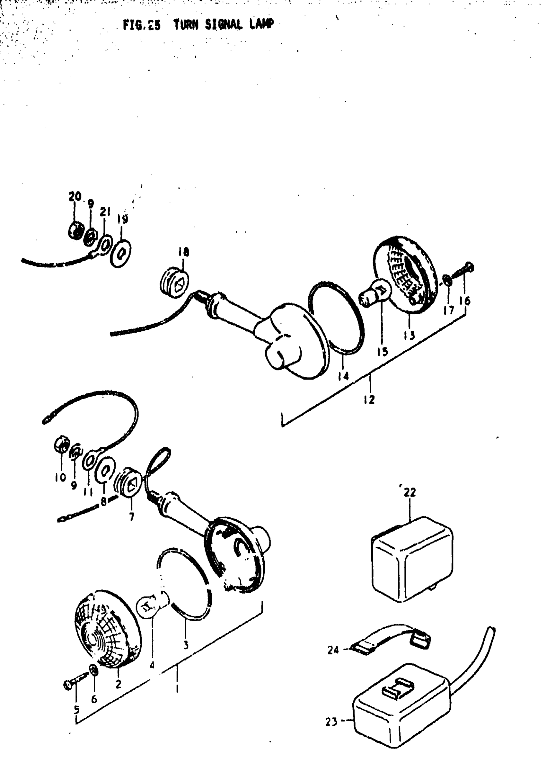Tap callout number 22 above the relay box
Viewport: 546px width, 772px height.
pyautogui.click(x=410, y=492)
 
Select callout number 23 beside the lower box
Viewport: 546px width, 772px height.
pyautogui.click(x=331, y=722)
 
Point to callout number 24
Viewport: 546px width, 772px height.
pyautogui.click(x=333, y=650)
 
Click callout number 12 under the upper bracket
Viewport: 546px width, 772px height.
pyautogui.click(x=369, y=399)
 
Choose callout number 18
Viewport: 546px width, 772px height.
pyautogui.click(x=184, y=252)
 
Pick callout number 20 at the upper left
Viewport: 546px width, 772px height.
pyautogui.click(x=75, y=196)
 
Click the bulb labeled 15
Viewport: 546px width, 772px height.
pyautogui.click(x=376, y=292)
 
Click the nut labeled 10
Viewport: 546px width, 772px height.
pyautogui.click(x=62, y=445)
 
